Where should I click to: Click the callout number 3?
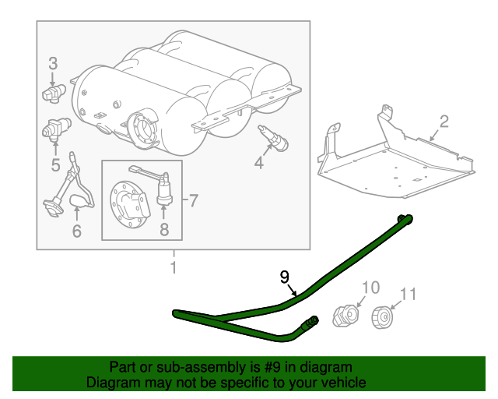53,63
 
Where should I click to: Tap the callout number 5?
55,165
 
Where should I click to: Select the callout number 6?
77,231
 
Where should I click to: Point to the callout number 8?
164,229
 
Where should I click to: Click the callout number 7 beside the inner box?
194,200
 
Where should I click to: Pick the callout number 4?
259,163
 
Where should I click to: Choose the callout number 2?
444,122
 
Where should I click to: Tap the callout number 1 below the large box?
174,267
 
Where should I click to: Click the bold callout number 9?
285,277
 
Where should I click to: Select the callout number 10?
370,288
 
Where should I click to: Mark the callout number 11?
408,295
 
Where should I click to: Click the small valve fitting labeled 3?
54,93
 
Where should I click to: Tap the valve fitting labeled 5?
56,129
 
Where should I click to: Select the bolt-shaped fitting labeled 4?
273,139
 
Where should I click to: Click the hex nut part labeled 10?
345,316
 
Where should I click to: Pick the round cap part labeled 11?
382,317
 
